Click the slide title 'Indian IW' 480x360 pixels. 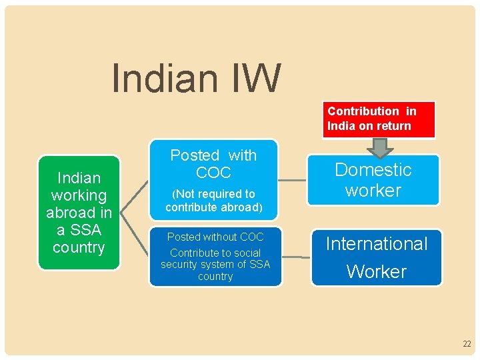197,78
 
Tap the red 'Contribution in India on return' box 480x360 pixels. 379,119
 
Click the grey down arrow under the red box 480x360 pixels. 379,147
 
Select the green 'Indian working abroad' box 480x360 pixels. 79,213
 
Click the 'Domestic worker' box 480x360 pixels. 373,180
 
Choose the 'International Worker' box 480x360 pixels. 377,257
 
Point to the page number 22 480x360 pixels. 466,344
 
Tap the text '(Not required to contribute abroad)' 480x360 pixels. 213,200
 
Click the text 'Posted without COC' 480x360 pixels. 215,237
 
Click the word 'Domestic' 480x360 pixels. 373,170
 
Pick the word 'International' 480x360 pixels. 377,244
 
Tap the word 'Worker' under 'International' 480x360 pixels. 377,271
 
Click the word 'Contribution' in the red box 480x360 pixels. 363,111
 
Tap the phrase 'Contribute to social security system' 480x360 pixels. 215,259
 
